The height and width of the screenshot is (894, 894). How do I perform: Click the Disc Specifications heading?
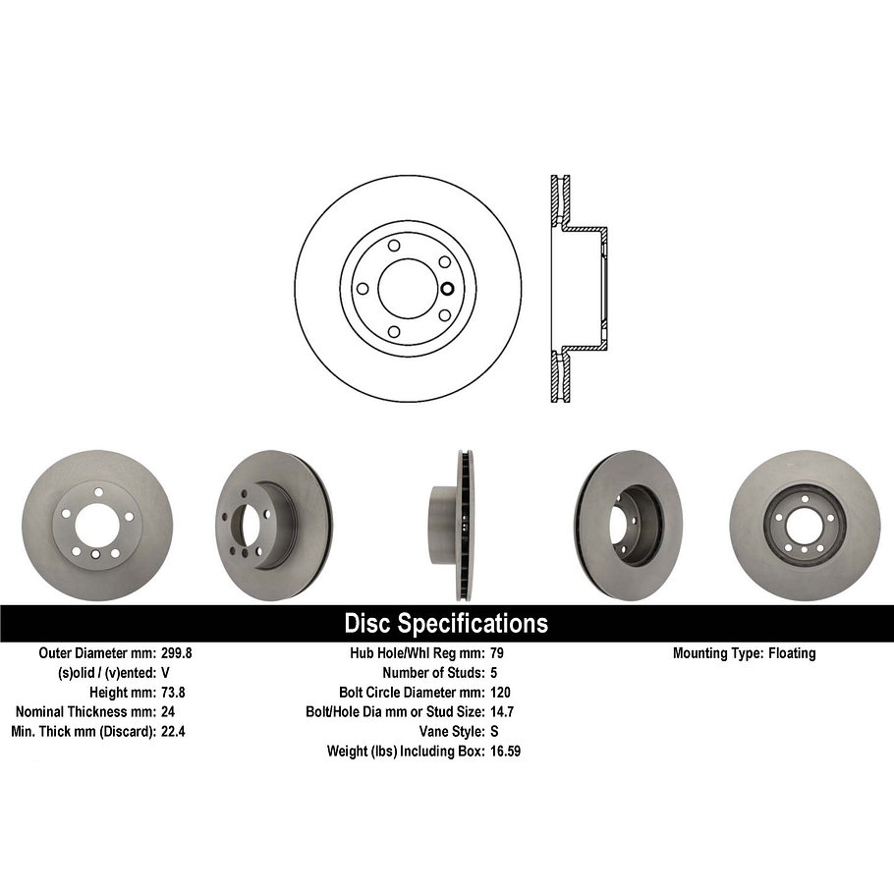pos(446,624)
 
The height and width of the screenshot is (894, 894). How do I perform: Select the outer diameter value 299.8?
pos(178,653)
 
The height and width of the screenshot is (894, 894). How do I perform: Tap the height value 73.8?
pos(173,692)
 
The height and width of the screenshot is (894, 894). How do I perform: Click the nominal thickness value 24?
pos(167,711)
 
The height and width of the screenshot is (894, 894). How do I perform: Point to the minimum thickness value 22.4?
pos(173,731)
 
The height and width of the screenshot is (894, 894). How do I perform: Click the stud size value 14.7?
pos(501,711)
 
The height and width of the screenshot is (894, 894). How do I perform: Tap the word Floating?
pos(791,653)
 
